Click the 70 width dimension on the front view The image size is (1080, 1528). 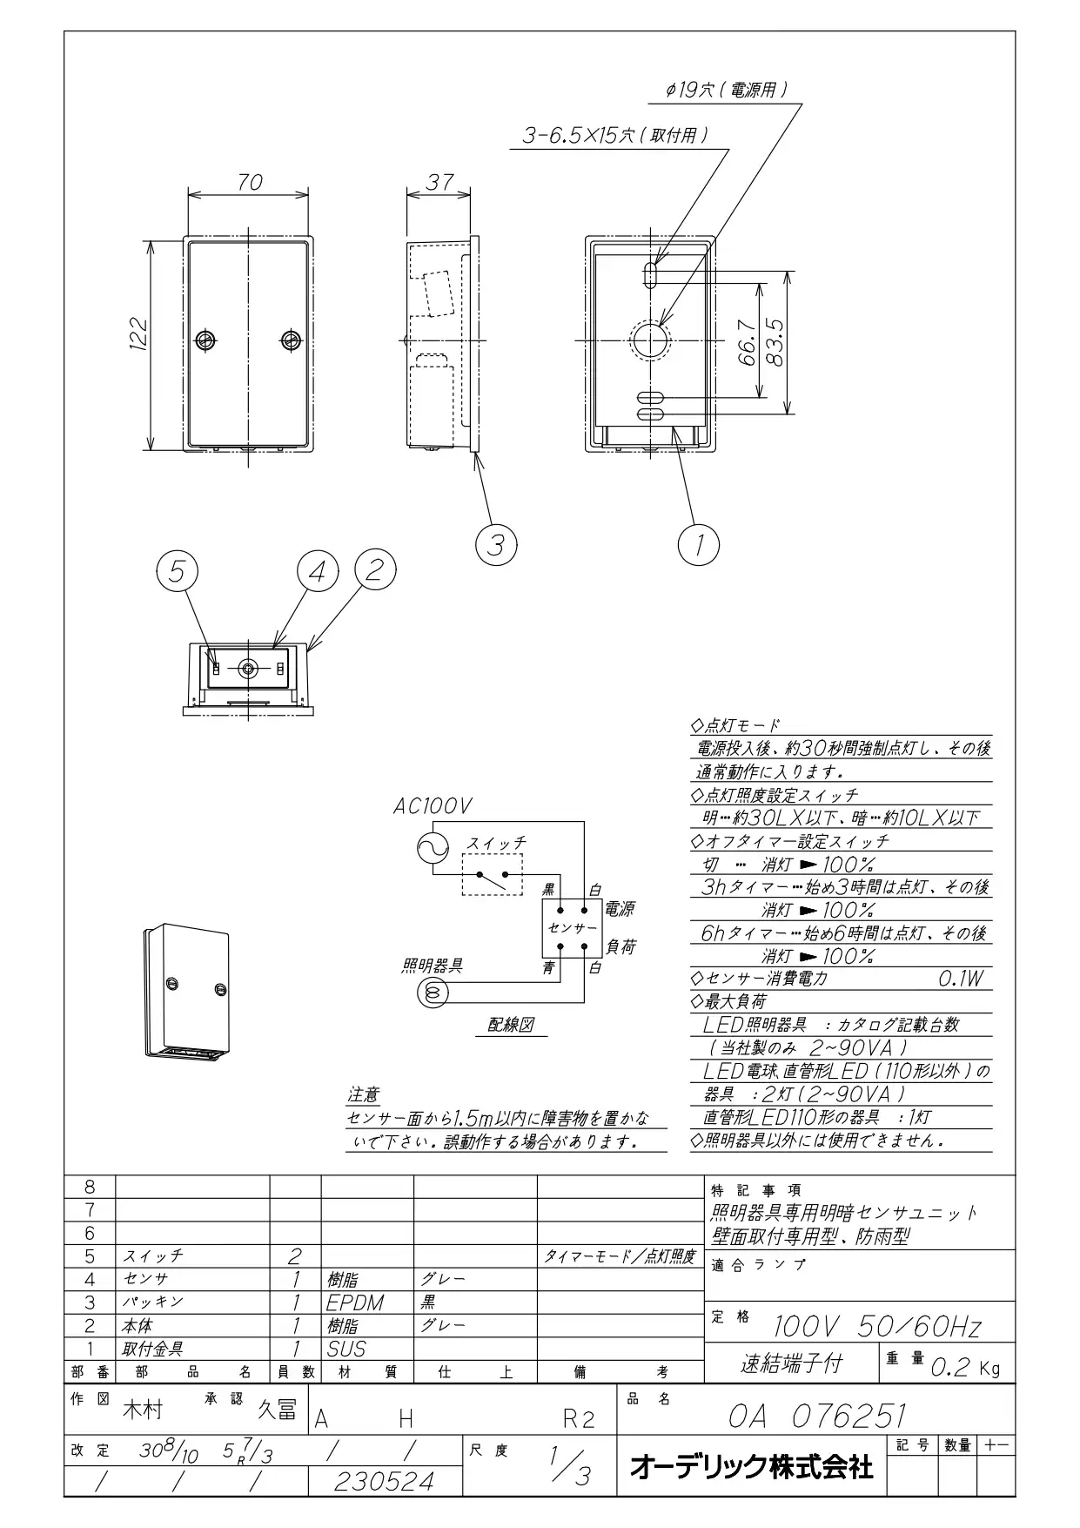(250, 182)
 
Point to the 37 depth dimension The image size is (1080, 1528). (440, 182)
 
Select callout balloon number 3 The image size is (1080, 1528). (496, 545)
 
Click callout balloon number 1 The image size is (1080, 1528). (699, 545)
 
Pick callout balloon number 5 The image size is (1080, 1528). (178, 571)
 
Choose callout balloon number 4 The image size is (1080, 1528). (318, 571)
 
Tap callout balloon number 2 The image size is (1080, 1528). (376, 570)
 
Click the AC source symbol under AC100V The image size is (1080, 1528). (433, 847)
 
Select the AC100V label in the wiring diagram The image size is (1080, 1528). (432, 807)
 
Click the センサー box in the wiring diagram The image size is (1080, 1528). (572, 928)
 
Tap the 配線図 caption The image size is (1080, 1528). (511, 1025)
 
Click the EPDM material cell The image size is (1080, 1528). (355, 1303)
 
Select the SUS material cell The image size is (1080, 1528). (345, 1349)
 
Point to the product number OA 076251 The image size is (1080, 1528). (817, 1417)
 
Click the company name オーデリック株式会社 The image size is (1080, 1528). (751, 1468)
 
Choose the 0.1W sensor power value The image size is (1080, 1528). (961, 979)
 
